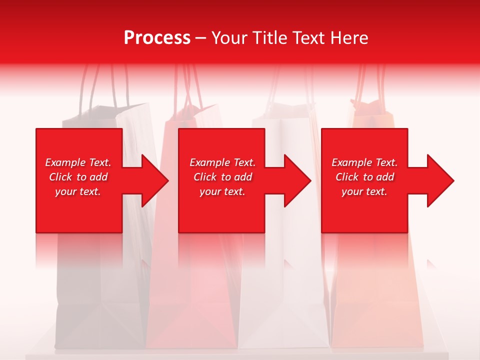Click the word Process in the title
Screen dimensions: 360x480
coord(157,38)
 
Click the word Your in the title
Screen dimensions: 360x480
coord(229,38)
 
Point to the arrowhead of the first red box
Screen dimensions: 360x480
coord(152,180)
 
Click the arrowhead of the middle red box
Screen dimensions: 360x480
coord(295,180)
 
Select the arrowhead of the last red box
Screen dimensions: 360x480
coord(438,180)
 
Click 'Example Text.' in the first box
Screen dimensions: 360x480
coord(78,162)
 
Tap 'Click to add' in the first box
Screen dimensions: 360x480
coord(78,177)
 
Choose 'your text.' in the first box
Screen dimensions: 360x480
coord(78,191)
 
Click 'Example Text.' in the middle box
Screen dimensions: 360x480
coord(222,162)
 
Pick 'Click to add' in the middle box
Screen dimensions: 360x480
coord(222,177)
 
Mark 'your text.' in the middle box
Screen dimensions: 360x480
coord(222,191)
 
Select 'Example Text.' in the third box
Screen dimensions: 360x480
coord(364,162)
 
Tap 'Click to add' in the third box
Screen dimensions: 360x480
coord(364,177)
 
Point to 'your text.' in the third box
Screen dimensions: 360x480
coord(364,191)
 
